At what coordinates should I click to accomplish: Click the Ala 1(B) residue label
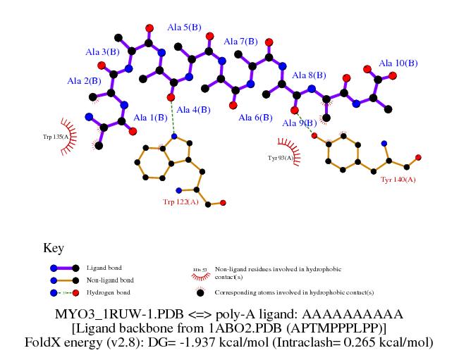pyautogui.click(x=150, y=118)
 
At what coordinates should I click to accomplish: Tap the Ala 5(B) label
pyautogui.click(x=183, y=27)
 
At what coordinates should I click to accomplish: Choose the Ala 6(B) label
pyautogui.click(x=255, y=118)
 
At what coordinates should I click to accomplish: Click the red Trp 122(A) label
pyautogui.click(x=180, y=202)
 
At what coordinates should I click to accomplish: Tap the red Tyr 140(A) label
pyautogui.click(x=398, y=180)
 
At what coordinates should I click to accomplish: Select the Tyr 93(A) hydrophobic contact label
pyautogui.click(x=281, y=158)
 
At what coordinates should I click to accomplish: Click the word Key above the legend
pyautogui.click(x=54, y=249)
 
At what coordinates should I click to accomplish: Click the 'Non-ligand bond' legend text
pyautogui.click(x=109, y=280)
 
